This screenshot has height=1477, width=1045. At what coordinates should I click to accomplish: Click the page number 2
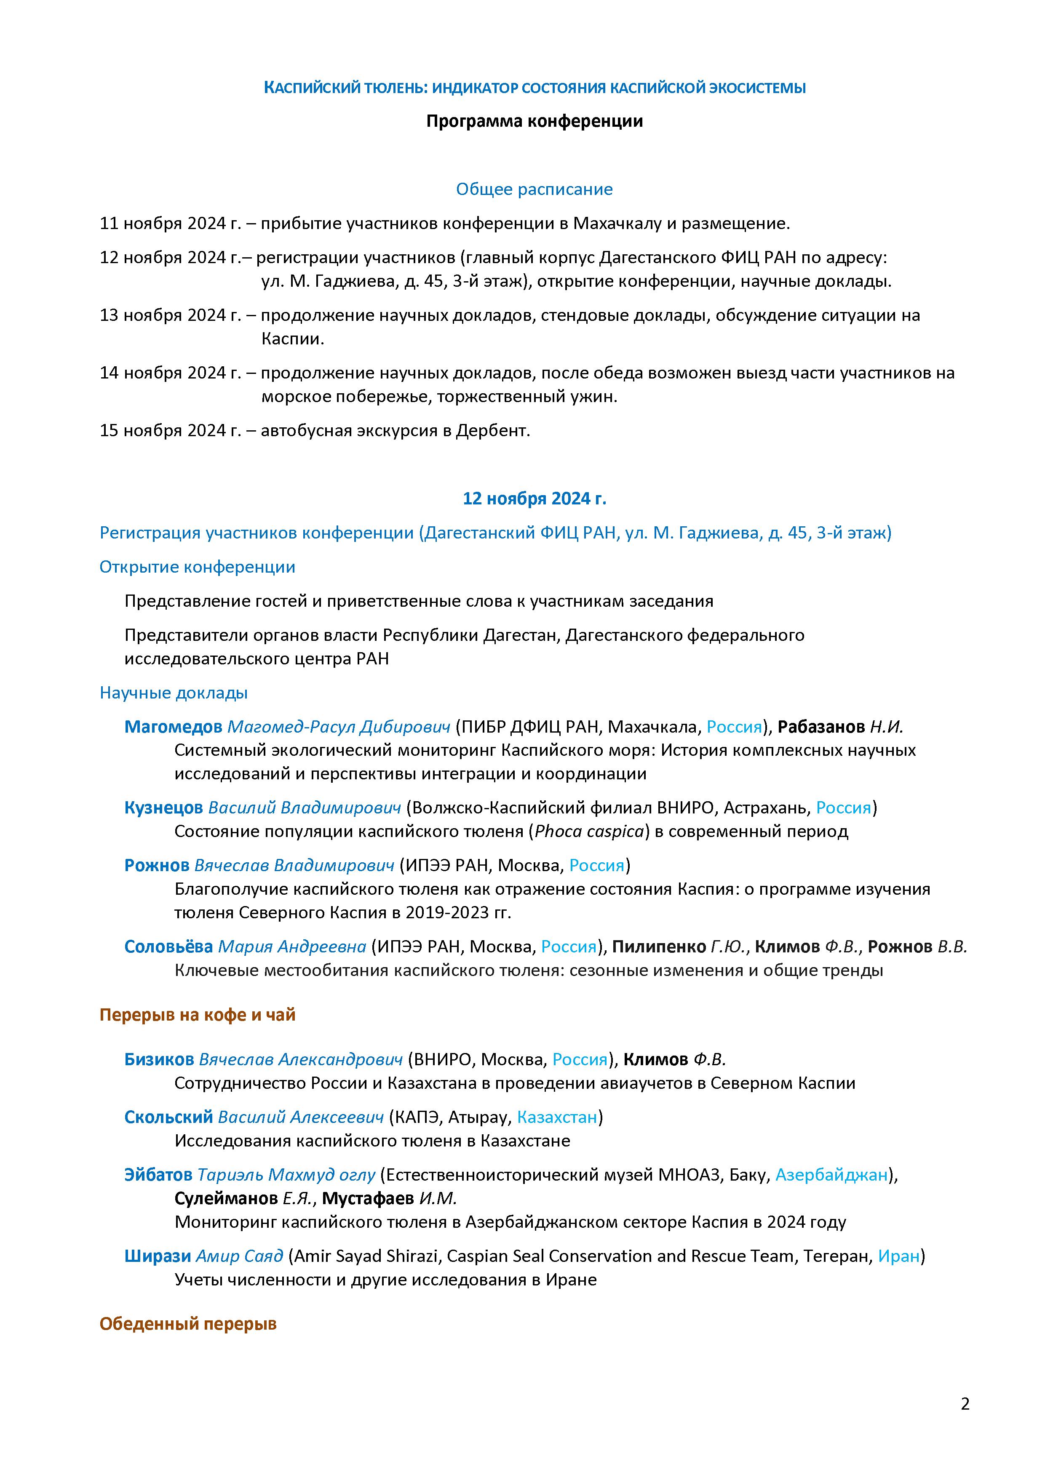(x=965, y=1404)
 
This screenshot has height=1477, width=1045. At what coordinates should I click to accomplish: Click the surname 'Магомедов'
(x=173, y=727)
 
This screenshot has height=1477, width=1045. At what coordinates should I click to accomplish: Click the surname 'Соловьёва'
(x=168, y=946)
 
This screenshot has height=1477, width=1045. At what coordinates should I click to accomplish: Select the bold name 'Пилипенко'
(x=658, y=946)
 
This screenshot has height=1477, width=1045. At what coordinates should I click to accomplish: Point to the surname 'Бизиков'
(x=159, y=1059)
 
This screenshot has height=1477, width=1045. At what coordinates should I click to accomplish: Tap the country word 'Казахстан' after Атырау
(x=557, y=1117)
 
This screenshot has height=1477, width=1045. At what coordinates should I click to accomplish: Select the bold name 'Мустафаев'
(x=367, y=1198)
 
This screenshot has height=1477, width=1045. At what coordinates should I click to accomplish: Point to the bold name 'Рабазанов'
(x=820, y=727)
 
